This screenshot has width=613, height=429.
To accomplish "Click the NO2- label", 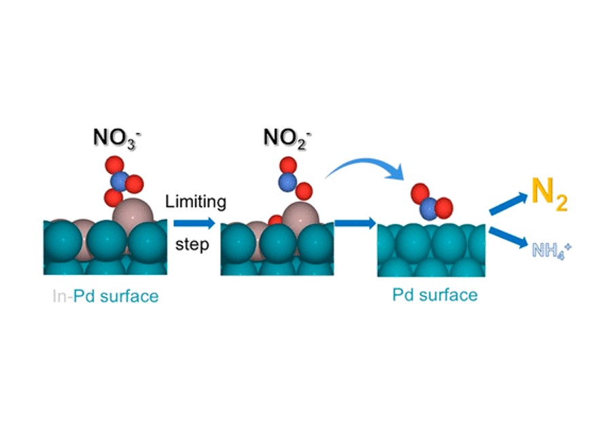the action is [x=287, y=138].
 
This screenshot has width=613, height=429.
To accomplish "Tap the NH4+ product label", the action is [x=552, y=250].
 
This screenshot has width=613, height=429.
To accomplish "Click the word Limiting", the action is [x=196, y=202].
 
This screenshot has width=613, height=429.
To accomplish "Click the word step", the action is [x=192, y=244].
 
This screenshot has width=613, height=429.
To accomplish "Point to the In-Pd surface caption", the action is [x=105, y=296].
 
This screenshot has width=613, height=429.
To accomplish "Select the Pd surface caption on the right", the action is [x=435, y=295].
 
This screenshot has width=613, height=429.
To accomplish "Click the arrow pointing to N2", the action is [x=508, y=204].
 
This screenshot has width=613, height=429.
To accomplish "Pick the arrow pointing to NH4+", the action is [x=508, y=237].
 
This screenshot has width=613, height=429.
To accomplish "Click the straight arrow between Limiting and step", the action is [x=194, y=223].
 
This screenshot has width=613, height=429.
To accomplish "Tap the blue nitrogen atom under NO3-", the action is [x=120, y=181].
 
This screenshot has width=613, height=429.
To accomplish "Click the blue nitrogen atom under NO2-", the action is [x=287, y=183].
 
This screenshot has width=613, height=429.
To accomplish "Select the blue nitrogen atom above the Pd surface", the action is [x=430, y=209].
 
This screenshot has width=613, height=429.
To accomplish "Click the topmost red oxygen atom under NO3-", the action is [x=115, y=165].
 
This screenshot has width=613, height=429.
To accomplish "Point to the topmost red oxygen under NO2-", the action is [x=288, y=166].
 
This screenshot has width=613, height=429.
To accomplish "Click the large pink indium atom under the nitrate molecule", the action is [x=133, y=214].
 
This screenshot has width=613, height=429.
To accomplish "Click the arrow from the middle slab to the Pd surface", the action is [x=355, y=223].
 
